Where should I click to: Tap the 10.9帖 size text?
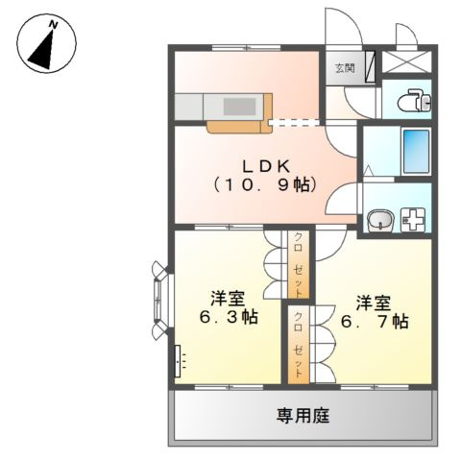click(x=263, y=184)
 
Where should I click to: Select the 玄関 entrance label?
click(x=344, y=68)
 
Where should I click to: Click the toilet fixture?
click(x=408, y=100)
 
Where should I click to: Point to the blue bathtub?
click(x=415, y=150)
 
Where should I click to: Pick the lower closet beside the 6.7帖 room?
click(x=301, y=343)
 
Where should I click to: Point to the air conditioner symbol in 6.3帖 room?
click(x=178, y=361)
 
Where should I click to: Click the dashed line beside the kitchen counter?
click(x=297, y=121)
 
